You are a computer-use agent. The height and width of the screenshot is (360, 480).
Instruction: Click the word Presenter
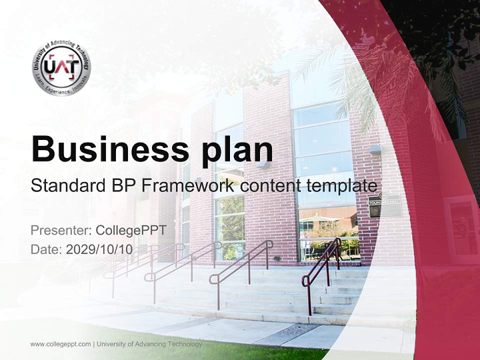tap(59, 230)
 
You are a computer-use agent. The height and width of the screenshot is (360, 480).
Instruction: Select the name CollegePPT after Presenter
tap(131, 230)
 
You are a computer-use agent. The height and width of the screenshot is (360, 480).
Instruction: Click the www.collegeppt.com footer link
tap(60, 344)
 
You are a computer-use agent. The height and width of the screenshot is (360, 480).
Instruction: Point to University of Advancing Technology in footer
tap(149, 344)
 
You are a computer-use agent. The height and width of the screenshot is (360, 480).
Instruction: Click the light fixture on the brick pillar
tap(375, 149)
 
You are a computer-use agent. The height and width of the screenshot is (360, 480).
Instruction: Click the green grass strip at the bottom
tap(210, 350)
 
